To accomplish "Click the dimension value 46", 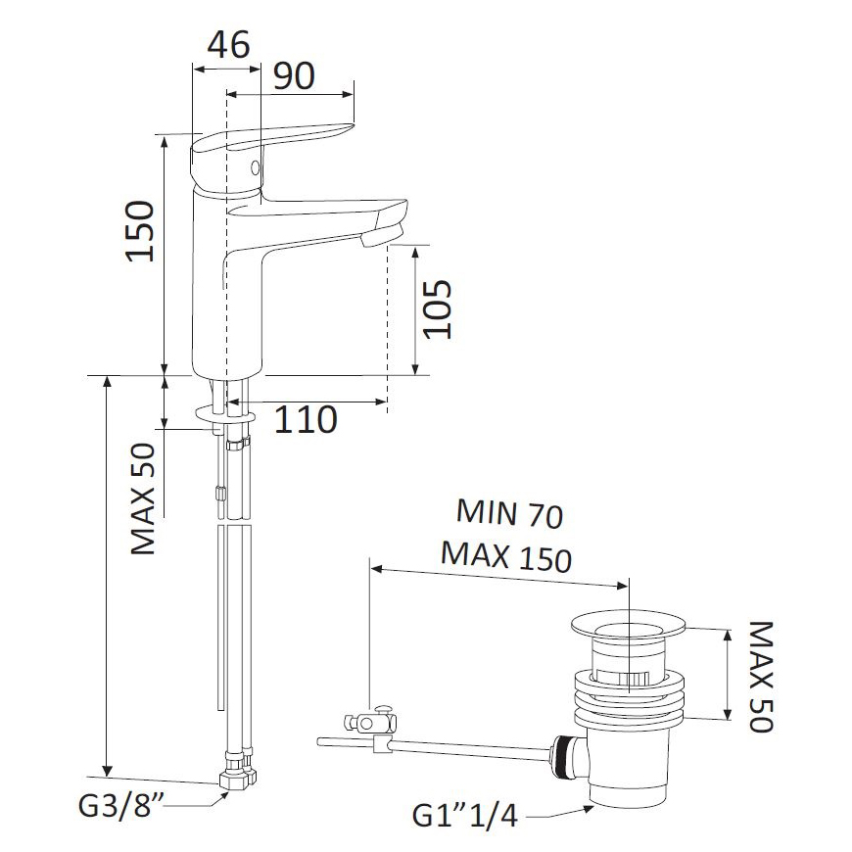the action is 229,44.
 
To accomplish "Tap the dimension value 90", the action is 294,75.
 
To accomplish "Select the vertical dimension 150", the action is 141,231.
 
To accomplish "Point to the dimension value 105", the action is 438,309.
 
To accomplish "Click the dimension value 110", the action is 306,419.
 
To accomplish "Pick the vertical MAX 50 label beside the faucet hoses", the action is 143,498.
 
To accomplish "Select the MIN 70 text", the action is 509,513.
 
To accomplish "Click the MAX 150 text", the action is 506,556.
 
